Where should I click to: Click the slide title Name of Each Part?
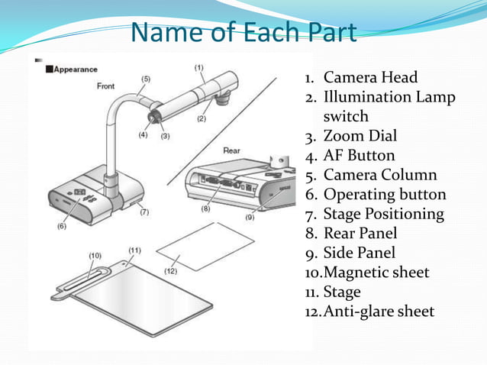(x=243, y=33)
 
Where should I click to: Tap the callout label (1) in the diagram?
(x=198, y=67)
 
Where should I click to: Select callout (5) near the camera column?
(x=146, y=78)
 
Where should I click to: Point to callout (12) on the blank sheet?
(x=170, y=271)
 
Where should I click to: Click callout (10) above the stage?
(x=95, y=255)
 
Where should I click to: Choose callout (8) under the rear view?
(x=205, y=208)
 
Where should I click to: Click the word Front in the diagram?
(x=106, y=86)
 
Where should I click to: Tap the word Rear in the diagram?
(x=231, y=150)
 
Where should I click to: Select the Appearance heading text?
(x=75, y=69)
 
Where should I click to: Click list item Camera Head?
(x=370, y=77)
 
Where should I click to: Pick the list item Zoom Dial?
(x=360, y=136)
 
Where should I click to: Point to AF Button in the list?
(x=360, y=156)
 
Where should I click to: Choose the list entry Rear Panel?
(x=360, y=234)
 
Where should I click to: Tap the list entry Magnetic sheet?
(x=376, y=273)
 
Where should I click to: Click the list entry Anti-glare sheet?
(x=379, y=312)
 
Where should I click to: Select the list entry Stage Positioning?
(x=384, y=214)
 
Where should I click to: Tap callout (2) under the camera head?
(x=202, y=118)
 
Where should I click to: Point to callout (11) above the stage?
(x=134, y=250)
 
